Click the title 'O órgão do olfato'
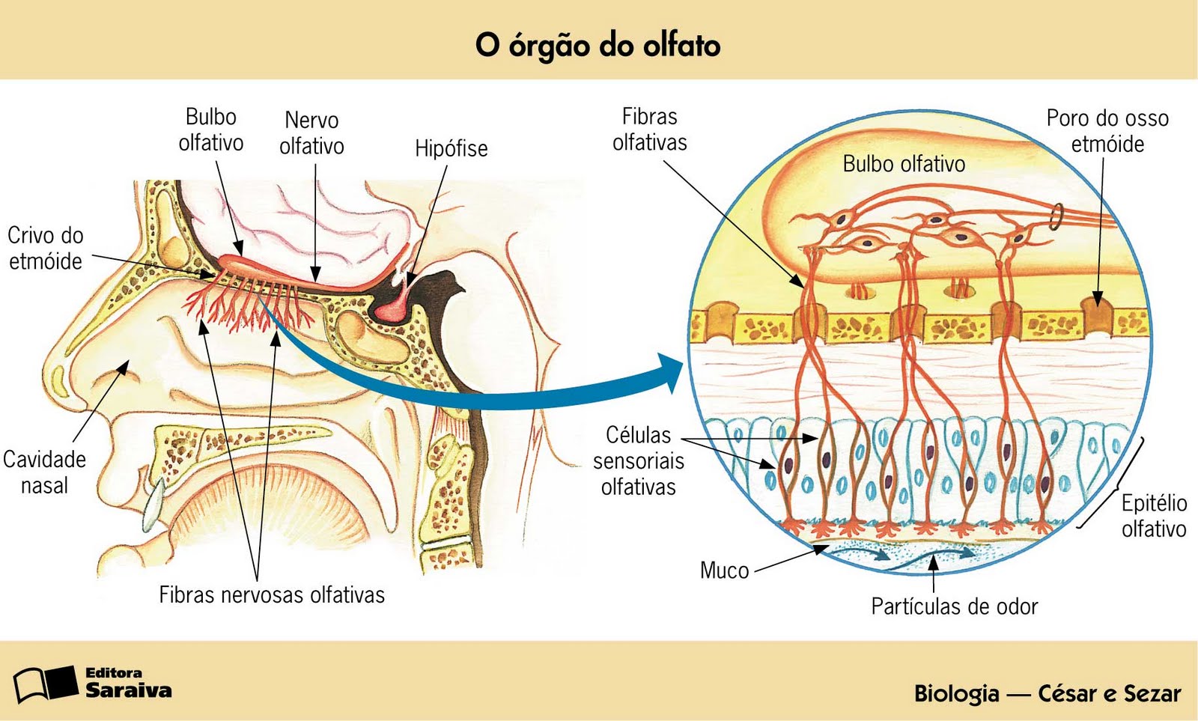pyautogui.click(x=598, y=45)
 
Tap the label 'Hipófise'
pyautogui.click(x=451, y=148)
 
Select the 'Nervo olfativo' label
pyautogui.click(x=311, y=133)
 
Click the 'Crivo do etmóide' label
pyautogui.click(x=45, y=248)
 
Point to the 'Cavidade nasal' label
pyautogui.click(x=44, y=472)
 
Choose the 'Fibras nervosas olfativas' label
pyautogui.click(x=272, y=595)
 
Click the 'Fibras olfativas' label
pyautogui.click(x=649, y=130)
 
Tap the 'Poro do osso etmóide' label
pyautogui.click(x=1107, y=130)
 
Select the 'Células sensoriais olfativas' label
pyautogui.click(x=639, y=460)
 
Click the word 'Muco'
pyautogui.click(x=724, y=571)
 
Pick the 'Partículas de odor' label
pyautogui.click(x=954, y=606)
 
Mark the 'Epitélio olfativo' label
pyautogui.click(x=1153, y=515)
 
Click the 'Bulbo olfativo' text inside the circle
pyautogui.click(x=904, y=164)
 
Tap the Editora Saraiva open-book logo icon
pyautogui.click(x=45, y=683)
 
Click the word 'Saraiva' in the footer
pyautogui.click(x=128, y=690)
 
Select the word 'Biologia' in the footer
pyautogui.click(x=956, y=693)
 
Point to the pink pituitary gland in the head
pyautogui.click(x=398, y=299)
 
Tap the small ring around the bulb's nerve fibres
pyautogui.click(x=1056, y=216)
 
